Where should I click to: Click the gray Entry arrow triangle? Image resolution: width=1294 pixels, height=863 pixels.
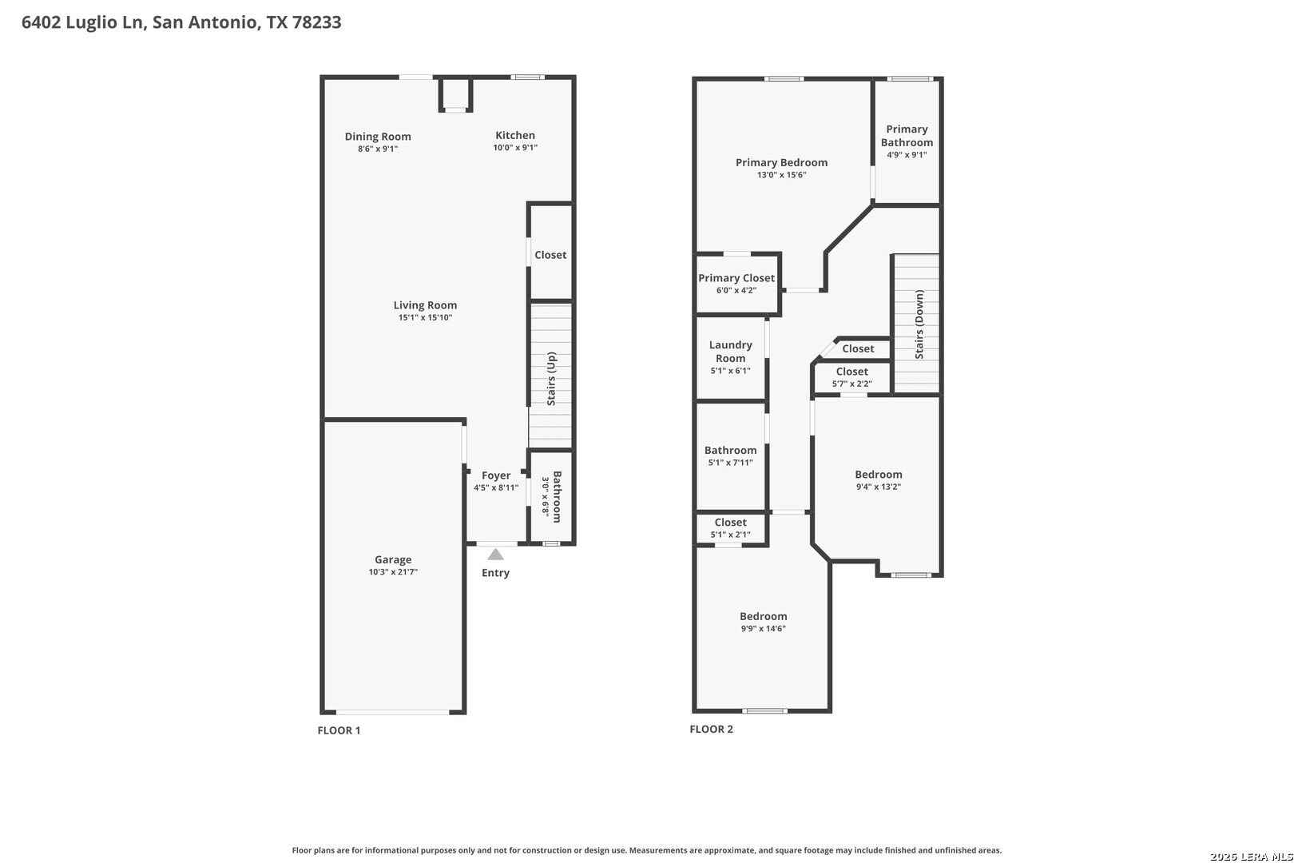pos(496,555)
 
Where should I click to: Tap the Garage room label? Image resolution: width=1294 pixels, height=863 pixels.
pos(394,559)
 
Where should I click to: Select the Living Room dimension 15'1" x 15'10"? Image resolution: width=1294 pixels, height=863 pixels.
pos(425,317)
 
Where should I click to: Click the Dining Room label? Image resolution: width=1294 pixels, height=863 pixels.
pos(378,137)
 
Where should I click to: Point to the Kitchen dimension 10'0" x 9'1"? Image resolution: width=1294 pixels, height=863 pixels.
pos(515,147)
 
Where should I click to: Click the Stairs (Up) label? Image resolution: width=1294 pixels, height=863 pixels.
pos(551,379)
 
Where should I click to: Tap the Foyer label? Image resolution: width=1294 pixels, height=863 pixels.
pos(496,475)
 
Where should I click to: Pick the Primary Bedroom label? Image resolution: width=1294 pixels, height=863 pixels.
pos(782,162)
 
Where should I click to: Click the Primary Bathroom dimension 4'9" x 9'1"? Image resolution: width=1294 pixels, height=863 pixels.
pos(907,155)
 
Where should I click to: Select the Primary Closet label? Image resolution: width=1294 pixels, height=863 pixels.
pos(736,278)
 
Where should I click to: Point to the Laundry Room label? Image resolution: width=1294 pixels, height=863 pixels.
pos(731,352)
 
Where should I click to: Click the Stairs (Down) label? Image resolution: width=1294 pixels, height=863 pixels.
pos(919,324)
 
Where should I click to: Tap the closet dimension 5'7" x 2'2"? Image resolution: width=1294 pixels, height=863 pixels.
pos(852,384)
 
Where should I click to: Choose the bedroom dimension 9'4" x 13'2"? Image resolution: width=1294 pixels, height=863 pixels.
pos(879,487)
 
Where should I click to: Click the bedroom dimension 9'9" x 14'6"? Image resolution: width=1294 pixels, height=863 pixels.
pos(764,629)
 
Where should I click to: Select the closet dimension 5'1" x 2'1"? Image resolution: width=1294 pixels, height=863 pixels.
pos(731,535)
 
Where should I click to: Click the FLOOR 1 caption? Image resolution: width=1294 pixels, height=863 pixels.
pos(339,730)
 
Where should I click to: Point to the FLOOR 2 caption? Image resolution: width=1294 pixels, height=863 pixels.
pos(711,730)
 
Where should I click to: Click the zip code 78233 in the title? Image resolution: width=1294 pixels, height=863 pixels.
pos(316,22)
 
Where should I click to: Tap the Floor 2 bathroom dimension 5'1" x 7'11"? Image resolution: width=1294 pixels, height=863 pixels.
pos(731,463)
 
